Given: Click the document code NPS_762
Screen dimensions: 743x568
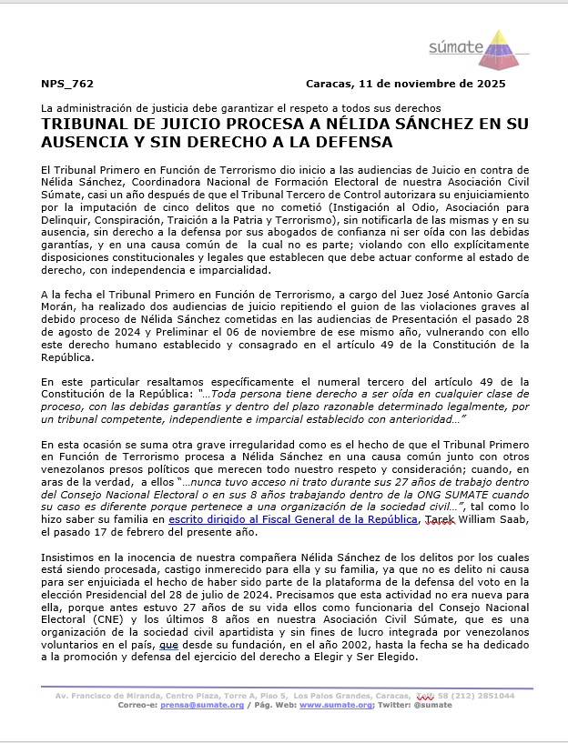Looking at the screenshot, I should (x=67, y=84).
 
